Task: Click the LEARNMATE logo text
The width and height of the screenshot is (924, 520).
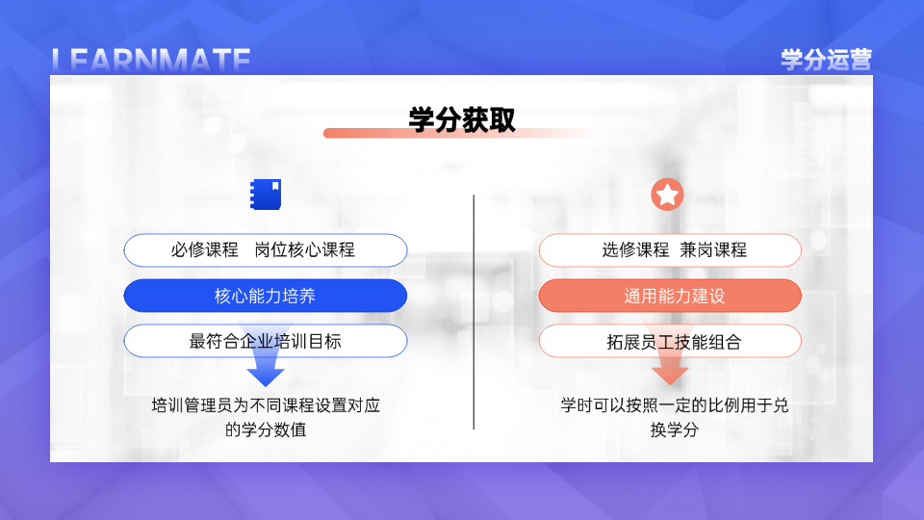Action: [x=151, y=61]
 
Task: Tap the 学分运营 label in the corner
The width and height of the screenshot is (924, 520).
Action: [x=826, y=60]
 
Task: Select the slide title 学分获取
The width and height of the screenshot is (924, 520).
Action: [x=462, y=119]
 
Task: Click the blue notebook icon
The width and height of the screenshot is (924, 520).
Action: [x=266, y=195]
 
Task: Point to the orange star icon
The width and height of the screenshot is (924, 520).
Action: [x=667, y=195]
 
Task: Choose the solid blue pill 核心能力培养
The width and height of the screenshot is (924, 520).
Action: [x=266, y=296]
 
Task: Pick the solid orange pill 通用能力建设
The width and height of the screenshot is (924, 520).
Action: [x=670, y=296]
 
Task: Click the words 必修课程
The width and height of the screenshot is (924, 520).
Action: [x=204, y=250]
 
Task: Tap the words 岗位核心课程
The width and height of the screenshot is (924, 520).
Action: [x=305, y=250]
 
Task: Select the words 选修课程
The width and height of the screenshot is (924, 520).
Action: [x=635, y=250]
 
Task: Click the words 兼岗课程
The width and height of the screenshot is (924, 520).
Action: [x=713, y=250]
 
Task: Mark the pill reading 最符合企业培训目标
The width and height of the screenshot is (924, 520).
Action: [x=266, y=341]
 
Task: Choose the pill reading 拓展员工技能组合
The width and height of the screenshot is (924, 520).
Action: [x=670, y=341]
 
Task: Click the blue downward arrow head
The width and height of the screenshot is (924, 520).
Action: [x=266, y=377]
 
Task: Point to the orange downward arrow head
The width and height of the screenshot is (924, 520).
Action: [x=670, y=375]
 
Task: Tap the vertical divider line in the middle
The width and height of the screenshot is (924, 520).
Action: [x=474, y=312]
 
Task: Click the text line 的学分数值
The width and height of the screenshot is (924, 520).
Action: [x=266, y=429]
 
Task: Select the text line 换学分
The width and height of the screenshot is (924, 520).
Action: [x=674, y=429]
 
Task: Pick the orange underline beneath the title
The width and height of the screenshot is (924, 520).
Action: [x=460, y=133]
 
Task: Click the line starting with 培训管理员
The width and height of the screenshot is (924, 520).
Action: [x=266, y=405]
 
